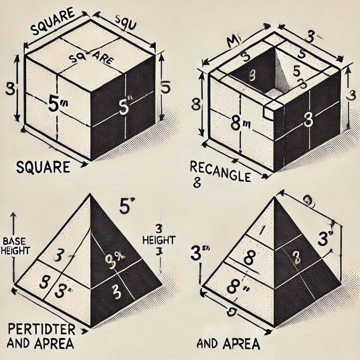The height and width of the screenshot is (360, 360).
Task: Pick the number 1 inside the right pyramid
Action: [x=263, y=229]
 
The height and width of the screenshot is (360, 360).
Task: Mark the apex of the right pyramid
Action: [x=274, y=196]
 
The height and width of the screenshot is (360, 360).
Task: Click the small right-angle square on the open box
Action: [x=269, y=111]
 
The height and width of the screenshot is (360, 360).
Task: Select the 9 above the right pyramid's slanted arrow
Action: [x=307, y=201]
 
